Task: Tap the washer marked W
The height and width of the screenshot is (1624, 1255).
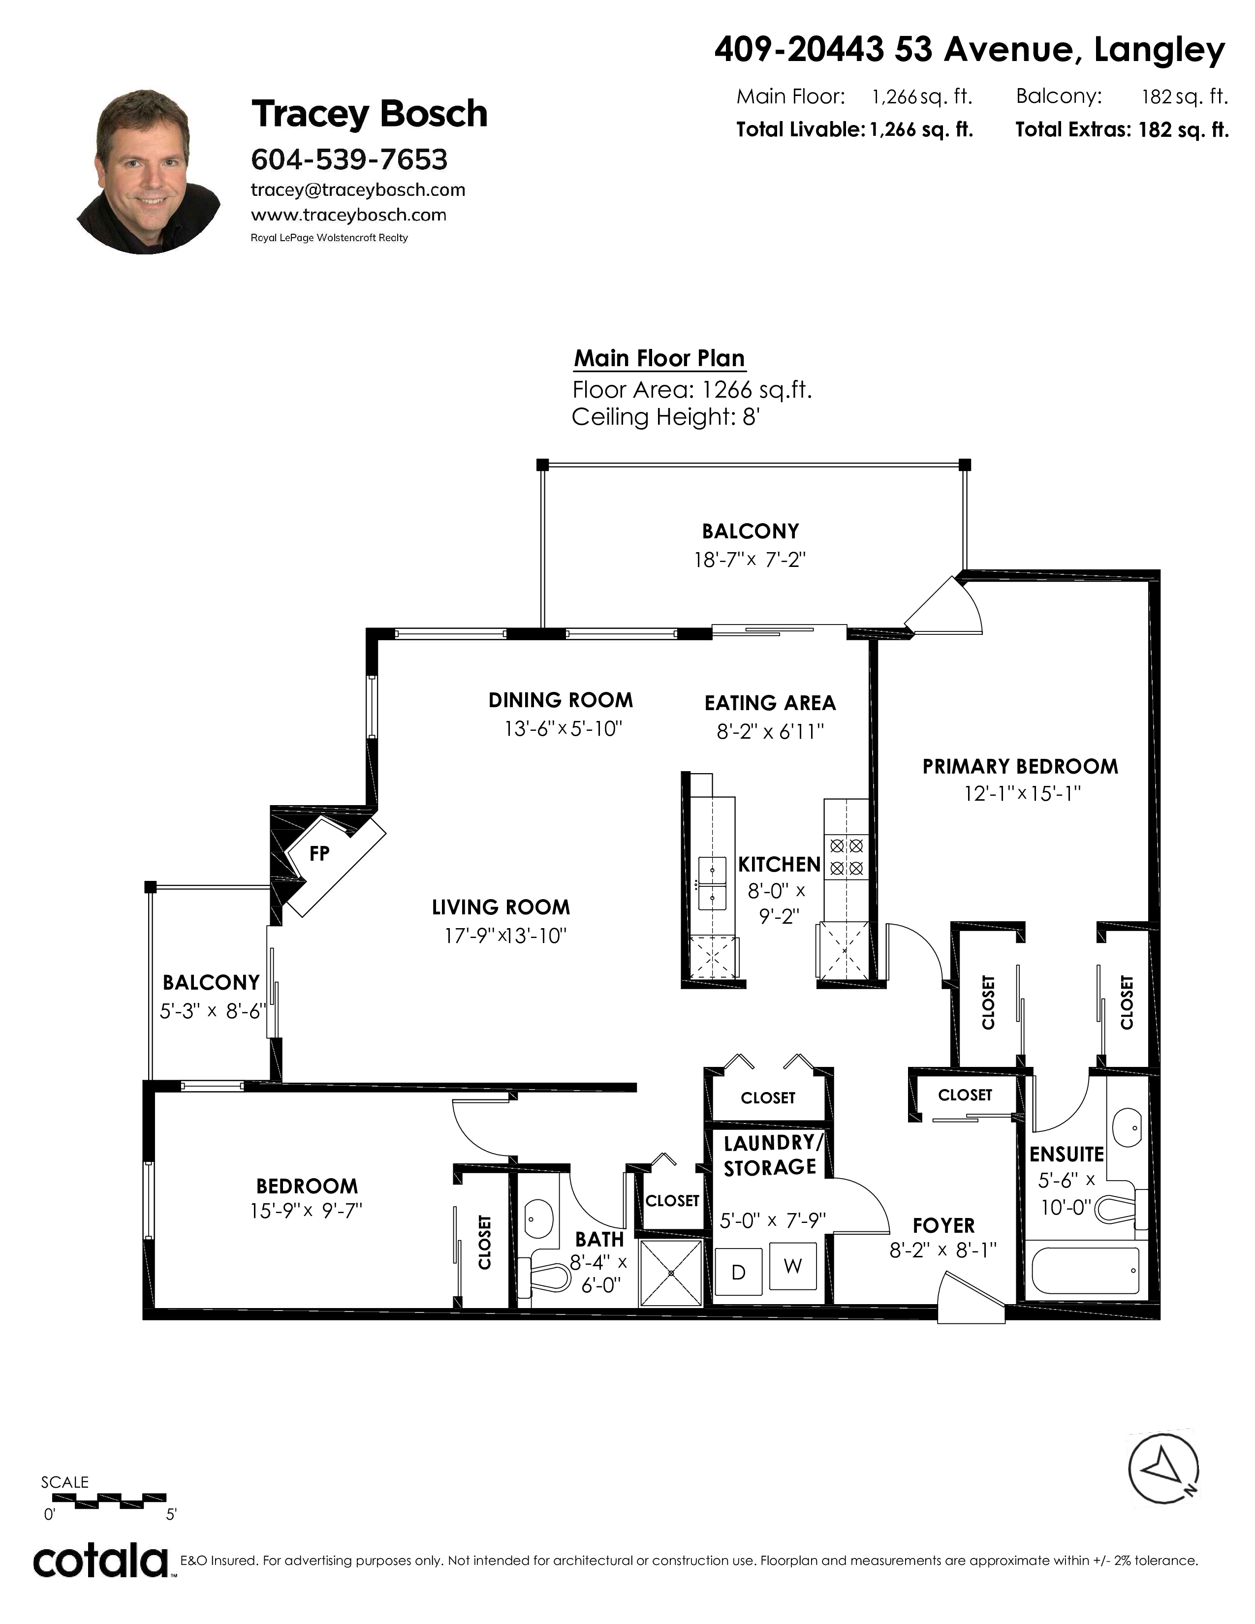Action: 792,1266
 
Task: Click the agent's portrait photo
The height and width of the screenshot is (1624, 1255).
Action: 149,172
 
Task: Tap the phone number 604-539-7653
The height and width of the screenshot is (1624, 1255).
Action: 349,159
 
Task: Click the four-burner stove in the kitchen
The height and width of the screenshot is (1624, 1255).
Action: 846,856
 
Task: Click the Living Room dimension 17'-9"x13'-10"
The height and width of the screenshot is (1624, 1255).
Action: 505,936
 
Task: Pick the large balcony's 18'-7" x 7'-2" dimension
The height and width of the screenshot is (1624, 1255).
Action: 750,559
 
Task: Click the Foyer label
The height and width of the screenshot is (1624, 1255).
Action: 943,1225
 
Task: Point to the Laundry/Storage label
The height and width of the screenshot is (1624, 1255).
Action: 770,1155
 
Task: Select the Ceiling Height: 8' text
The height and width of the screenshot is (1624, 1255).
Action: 665,417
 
